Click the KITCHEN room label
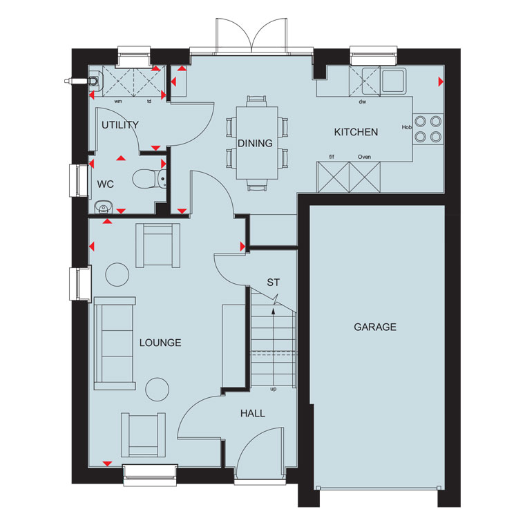tap(356, 132)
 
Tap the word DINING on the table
tap(255, 143)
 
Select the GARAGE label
tap(375, 327)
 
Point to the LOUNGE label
tap(160, 343)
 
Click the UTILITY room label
tap(120, 125)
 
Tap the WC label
tap(106, 184)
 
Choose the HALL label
tap(253, 414)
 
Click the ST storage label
tap(273, 283)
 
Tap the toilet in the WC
tap(149, 179)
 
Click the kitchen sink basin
tap(394, 81)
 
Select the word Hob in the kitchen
tap(407, 127)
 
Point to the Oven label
tap(364, 157)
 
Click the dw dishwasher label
tap(362, 102)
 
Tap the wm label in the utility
tap(118, 101)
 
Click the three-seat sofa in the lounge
tap(115, 343)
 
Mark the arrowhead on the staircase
tap(274, 312)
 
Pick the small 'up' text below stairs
tap(274, 390)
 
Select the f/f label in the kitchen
tap(332, 157)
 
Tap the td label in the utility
tap(149, 101)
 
